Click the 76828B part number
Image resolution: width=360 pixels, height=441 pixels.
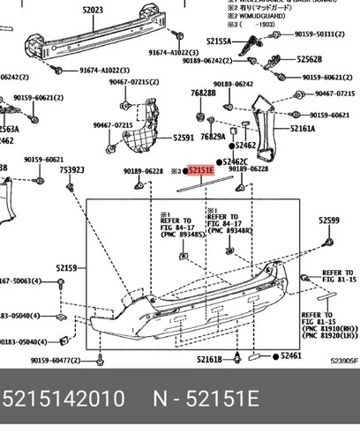point(202,93)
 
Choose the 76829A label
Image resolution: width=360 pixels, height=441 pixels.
point(212,138)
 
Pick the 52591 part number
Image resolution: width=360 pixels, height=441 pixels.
point(184,138)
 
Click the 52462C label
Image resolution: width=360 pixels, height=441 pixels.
point(236,161)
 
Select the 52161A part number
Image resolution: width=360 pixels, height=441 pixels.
point(303,129)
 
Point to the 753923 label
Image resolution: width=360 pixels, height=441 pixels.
point(72,170)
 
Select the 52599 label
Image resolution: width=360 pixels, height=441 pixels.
point(329,220)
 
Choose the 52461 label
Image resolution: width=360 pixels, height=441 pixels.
point(290,355)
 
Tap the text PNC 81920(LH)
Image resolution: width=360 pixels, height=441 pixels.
point(328,336)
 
